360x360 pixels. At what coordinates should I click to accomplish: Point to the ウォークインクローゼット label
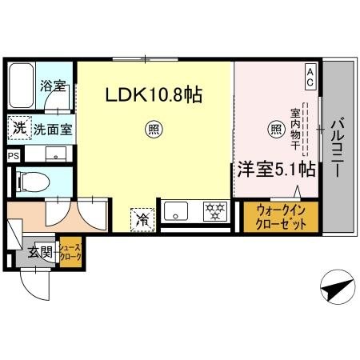280,217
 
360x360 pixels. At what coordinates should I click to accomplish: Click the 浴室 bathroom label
54,84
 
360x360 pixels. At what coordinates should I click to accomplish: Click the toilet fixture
36,181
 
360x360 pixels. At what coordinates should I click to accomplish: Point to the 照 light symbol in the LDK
151,127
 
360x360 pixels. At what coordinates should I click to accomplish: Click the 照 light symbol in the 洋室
274,127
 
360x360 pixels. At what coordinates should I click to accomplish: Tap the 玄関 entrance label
40,254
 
